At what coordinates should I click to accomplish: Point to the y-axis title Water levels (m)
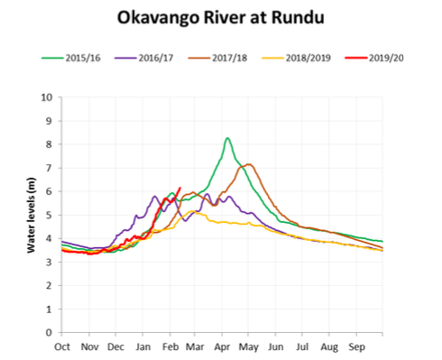(31, 215)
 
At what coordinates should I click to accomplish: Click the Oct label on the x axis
(62, 346)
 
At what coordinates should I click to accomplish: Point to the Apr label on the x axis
(223, 346)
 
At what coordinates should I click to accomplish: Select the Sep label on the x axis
(356, 346)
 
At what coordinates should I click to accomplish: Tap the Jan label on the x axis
(143, 346)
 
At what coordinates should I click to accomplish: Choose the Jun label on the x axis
(276, 346)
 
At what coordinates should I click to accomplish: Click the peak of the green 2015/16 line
(227, 138)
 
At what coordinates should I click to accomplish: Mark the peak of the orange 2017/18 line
(249, 164)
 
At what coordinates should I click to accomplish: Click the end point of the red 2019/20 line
(180, 188)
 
